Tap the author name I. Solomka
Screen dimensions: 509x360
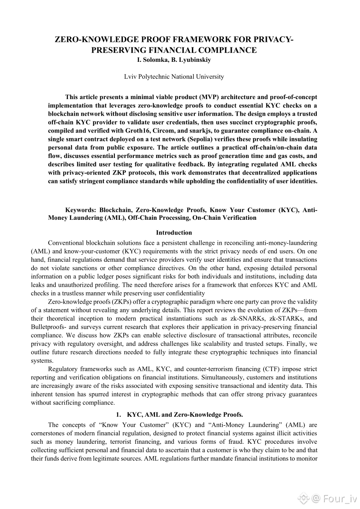pyautogui.click(x=152, y=60)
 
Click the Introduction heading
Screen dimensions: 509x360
pyautogui.click(x=174, y=232)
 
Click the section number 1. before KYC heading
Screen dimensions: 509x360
pyautogui.click(x=119, y=415)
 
